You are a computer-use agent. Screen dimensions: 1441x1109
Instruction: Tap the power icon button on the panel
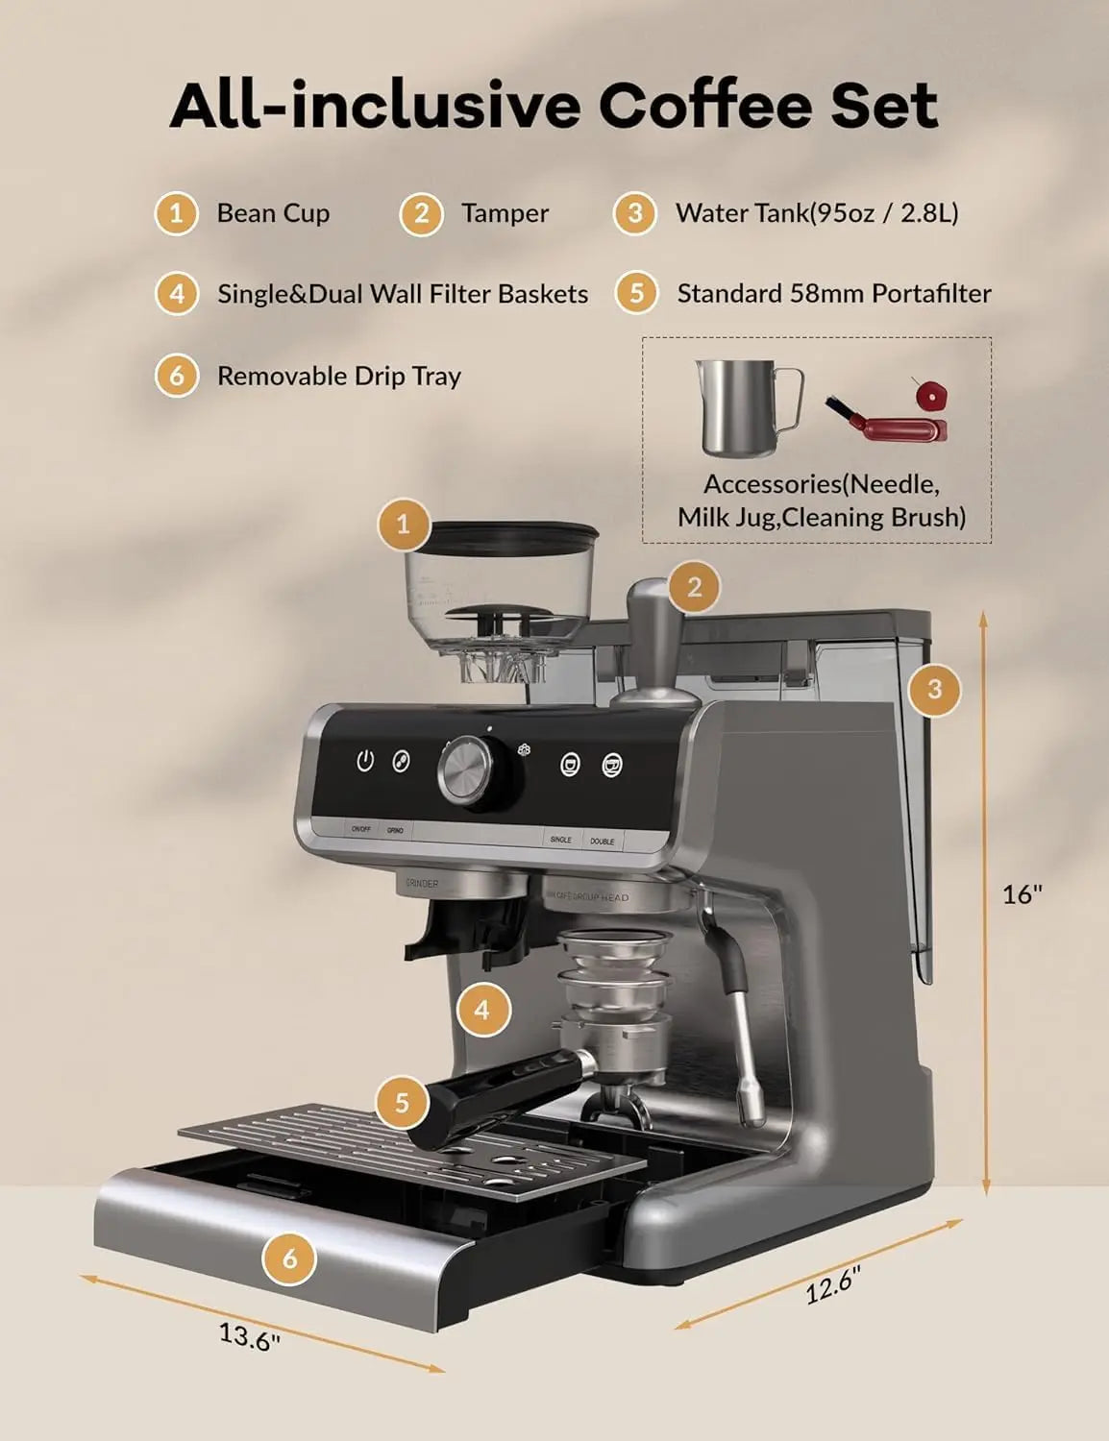pyautogui.click(x=364, y=762)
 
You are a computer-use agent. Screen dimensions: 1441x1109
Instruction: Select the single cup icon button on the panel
pyautogui.click(x=570, y=765)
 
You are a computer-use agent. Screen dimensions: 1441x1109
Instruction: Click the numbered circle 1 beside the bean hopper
pyautogui.click(x=403, y=524)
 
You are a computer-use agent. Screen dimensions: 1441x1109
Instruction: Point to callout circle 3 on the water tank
pyautogui.click(x=934, y=688)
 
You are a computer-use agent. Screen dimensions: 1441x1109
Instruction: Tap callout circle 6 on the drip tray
pyautogui.click(x=289, y=1257)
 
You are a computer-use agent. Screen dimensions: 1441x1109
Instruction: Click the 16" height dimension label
pyautogui.click(x=1022, y=894)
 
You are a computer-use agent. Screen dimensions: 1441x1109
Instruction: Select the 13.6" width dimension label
pyautogui.click(x=249, y=1336)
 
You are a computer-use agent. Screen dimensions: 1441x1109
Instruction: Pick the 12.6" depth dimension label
pyautogui.click(x=832, y=1284)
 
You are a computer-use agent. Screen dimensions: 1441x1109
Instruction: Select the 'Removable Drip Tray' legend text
pyautogui.click(x=339, y=376)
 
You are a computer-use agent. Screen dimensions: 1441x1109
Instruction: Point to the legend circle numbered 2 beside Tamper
pyautogui.click(x=422, y=213)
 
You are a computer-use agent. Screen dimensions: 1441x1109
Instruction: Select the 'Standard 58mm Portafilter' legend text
pyautogui.click(x=833, y=294)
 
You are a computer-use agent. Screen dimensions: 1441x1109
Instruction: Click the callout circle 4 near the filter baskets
pyautogui.click(x=481, y=1010)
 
